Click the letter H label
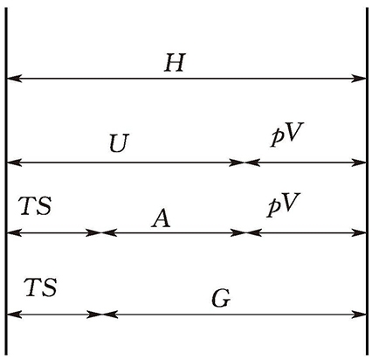click(x=175, y=62)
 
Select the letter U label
click(x=119, y=143)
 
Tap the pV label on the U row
click(x=287, y=135)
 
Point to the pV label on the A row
click(x=283, y=204)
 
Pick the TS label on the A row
click(x=35, y=206)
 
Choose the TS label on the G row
click(x=40, y=287)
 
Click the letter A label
click(x=161, y=218)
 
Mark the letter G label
click(x=221, y=299)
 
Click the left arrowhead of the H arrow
click(x=14, y=79)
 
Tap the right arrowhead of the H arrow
click(x=358, y=79)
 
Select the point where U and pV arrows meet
click(x=245, y=163)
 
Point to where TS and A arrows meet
click(x=101, y=232)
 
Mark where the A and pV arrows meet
click(x=246, y=232)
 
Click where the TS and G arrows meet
click(x=101, y=315)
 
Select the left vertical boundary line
click(x=6, y=181)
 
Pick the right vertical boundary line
click(x=367, y=181)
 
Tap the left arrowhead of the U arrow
click(x=14, y=163)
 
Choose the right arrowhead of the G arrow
click(x=358, y=315)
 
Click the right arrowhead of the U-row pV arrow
click(x=358, y=163)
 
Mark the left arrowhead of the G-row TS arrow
click(x=14, y=315)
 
